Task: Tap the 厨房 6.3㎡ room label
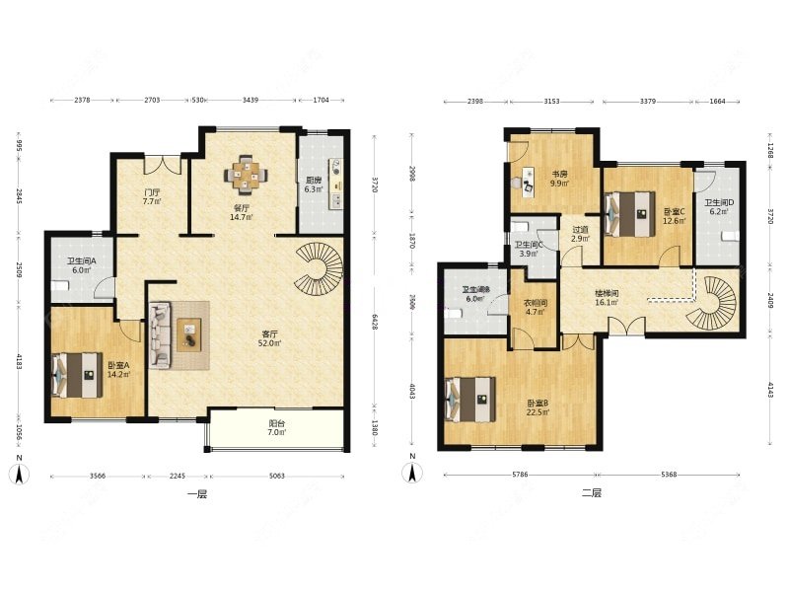(x=314, y=185)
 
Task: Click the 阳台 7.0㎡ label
(x=277, y=429)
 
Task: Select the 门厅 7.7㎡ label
(x=151, y=197)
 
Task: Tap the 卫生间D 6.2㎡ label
(x=717, y=207)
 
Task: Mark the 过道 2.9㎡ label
(x=580, y=235)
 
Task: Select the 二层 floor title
(x=590, y=492)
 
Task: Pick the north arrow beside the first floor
(x=18, y=473)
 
